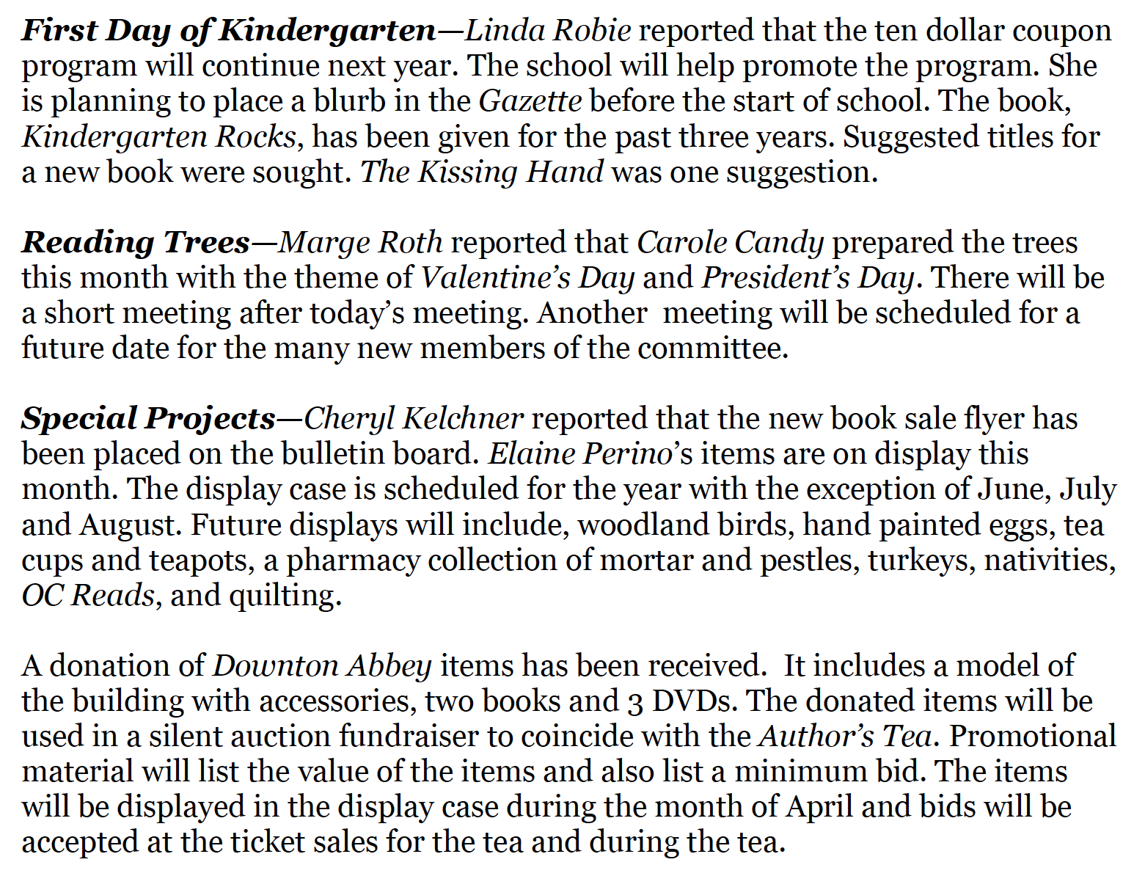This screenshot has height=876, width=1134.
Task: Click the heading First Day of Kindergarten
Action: click(228, 31)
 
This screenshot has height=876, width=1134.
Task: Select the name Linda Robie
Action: click(548, 31)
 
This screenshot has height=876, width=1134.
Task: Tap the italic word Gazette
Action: click(530, 101)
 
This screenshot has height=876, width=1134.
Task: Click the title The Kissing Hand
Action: click(482, 172)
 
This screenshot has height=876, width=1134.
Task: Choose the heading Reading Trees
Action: click(136, 242)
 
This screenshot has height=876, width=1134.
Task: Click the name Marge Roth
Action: click(361, 242)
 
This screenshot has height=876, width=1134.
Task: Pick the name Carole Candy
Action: click(730, 242)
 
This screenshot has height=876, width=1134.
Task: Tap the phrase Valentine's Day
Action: click(527, 277)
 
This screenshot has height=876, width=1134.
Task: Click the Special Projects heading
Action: click(148, 418)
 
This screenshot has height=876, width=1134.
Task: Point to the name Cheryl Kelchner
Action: click(414, 418)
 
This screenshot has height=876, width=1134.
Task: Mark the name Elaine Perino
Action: click(580, 453)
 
